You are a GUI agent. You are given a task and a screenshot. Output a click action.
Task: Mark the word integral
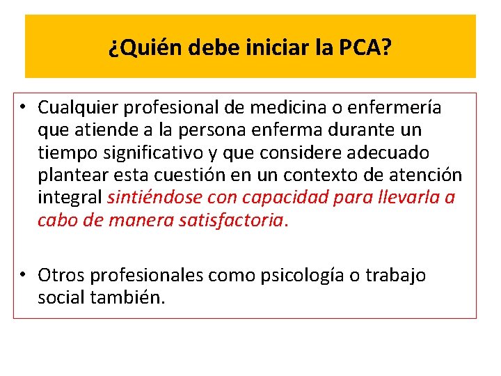click(x=70, y=197)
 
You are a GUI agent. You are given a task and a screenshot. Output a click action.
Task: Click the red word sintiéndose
click(x=149, y=197)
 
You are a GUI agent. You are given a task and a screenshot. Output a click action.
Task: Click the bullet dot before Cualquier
click(x=24, y=108)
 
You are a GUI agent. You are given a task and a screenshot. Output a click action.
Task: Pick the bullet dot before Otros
click(x=24, y=276)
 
